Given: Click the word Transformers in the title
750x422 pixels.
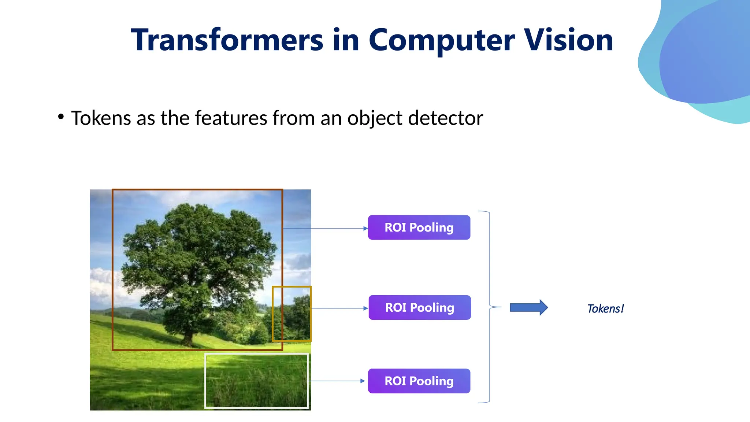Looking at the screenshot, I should tap(227, 40).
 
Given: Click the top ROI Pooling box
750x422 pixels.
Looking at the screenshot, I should tap(419, 227).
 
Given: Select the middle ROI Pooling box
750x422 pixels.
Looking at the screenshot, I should tap(420, 308).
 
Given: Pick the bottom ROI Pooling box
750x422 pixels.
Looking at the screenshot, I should tap(419, 381).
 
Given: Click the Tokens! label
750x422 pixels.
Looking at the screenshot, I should tap(605, 309).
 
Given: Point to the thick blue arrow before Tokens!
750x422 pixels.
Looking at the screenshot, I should tap(528, 307).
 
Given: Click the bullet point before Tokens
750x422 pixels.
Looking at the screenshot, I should tap(61, 117).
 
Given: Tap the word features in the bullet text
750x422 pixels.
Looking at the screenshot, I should tap(231, 118).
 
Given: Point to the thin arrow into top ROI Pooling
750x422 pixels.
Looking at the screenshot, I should tap(326, 229).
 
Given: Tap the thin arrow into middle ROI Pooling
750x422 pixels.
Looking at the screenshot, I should tap(339, 308).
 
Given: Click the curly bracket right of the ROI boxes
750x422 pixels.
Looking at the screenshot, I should tap(490, 307).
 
